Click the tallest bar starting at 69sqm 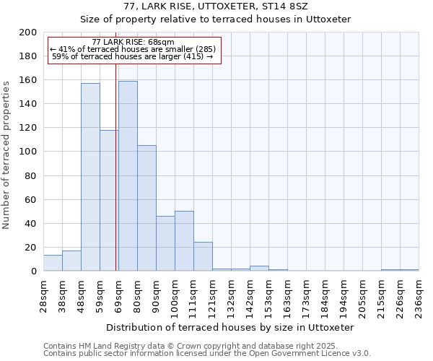click(128, 176)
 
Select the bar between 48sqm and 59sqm click(90, 177)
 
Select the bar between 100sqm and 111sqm click(184, 241)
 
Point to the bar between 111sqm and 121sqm click(203, 256)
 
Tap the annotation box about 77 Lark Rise click(134, 50)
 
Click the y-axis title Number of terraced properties click(6, 155)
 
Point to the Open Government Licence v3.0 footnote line click(207, 353)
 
